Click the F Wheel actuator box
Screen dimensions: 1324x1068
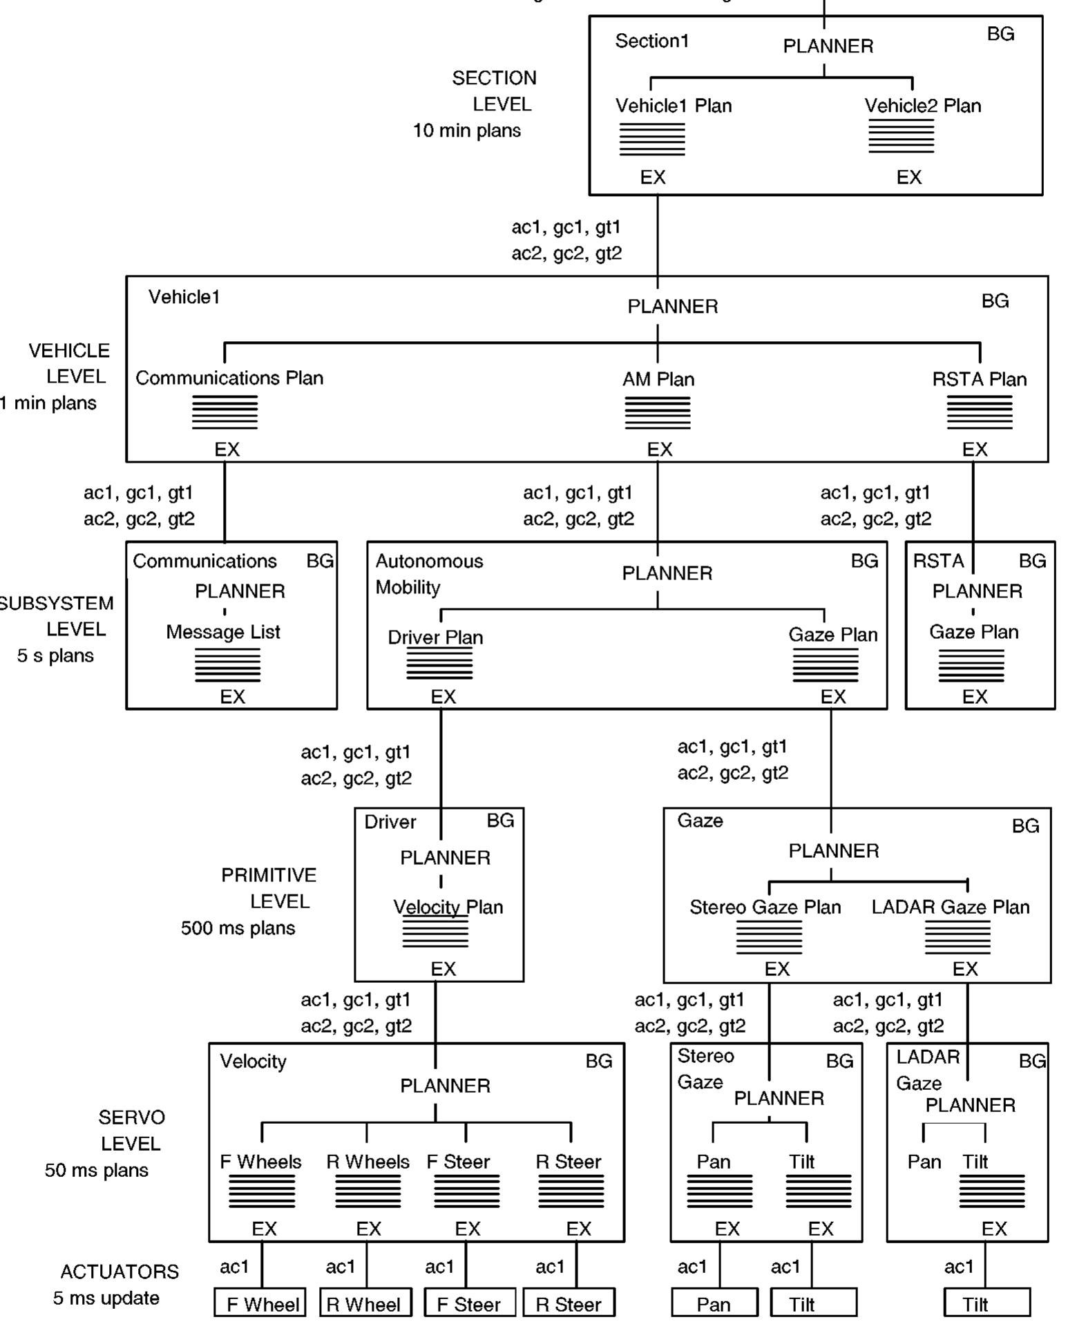coord(260,1303)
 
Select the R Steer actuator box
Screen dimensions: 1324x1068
coord(569,1303)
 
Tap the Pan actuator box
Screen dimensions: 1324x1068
coord(714,1303)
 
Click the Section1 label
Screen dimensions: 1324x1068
coord(651,41)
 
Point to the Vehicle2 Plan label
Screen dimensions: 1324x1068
coord(922,106)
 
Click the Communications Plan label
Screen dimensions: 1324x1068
coord(229,378)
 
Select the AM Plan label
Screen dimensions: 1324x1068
coord(658,379)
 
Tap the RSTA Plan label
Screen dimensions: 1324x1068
coord(979,379)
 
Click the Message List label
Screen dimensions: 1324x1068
coord(223,632)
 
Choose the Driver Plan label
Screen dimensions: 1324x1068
coord(435,637)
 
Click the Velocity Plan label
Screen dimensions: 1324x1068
coord(448,907)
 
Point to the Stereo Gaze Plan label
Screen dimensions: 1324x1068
coord(765,907)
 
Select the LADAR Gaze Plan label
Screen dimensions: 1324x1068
coord(950,907)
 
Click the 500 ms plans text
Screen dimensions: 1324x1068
coord(238,928)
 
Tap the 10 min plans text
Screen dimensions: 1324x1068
coord(466,131)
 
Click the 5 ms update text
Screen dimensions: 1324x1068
coord(106,1298)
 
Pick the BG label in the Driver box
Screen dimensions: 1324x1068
coord(500,821)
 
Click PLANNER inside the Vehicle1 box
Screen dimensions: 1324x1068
coord(672,306)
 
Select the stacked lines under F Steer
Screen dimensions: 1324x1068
coord(466,1191)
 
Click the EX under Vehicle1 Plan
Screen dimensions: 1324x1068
coord(652,178)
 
